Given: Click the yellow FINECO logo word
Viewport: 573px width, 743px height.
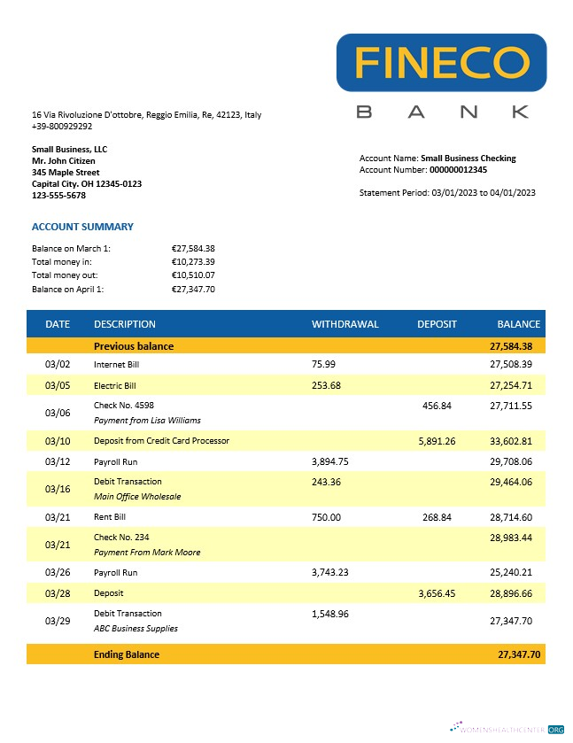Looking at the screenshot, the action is coord(441,62).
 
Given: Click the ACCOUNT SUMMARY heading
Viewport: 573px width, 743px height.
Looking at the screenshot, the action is coord(82,227).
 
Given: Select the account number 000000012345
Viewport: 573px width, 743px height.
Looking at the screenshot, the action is coord(458,169).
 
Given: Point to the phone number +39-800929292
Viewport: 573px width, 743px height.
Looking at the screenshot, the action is coord(62,127).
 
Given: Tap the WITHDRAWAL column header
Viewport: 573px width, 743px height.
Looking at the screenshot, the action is coord(345,324).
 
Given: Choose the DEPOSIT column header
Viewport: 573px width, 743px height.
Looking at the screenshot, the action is coord(437,324).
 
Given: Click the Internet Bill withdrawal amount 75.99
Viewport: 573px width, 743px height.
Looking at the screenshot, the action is coord(324,364).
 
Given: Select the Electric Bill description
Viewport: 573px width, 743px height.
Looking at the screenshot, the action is coord(115,386).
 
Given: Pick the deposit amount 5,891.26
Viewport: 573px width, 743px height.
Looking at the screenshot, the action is coord(437,441).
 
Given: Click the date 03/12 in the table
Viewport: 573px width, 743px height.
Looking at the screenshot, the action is coord(57,462).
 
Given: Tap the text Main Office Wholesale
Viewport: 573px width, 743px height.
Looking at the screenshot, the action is coord(137,497).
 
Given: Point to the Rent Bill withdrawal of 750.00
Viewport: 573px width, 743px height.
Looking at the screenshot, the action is coord(326,517).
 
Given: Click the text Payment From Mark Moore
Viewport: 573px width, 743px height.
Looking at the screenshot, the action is coord(147,553).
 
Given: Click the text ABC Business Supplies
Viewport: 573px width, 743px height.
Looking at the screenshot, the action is coord(136,629).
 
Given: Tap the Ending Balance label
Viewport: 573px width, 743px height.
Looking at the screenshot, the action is coord(127,654).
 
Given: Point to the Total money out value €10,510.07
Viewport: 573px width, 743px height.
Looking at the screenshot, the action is coord(193,275).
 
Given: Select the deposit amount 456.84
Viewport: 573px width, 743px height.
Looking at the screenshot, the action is coord(437,406).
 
